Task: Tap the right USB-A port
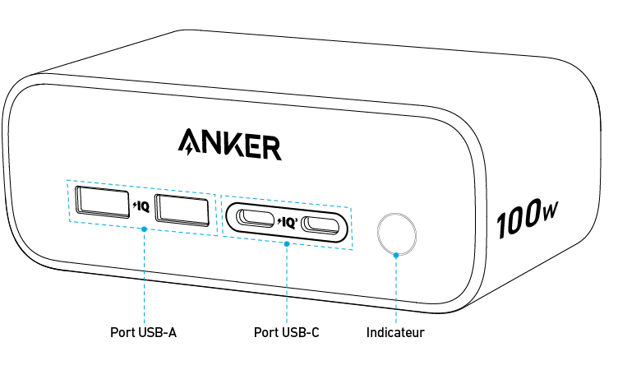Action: pyautogui.click(x=181, y=210)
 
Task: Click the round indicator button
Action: pyautogui.click(x=396, y=234)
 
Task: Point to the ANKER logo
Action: pyautogui.click(x=229, y=143)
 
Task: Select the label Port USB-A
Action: pyautogui.click(x=144, y=333)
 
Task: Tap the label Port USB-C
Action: pyautogui.click(x=286, y=333)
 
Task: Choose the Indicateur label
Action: pyautogui.click(x=395, y=333)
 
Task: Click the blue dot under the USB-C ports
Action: pyautogui.click(x=286, y=243)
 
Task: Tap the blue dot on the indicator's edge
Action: pyautogui.click(x=396, y=256)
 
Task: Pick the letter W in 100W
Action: pyautogui.click(x=549, y=215)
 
